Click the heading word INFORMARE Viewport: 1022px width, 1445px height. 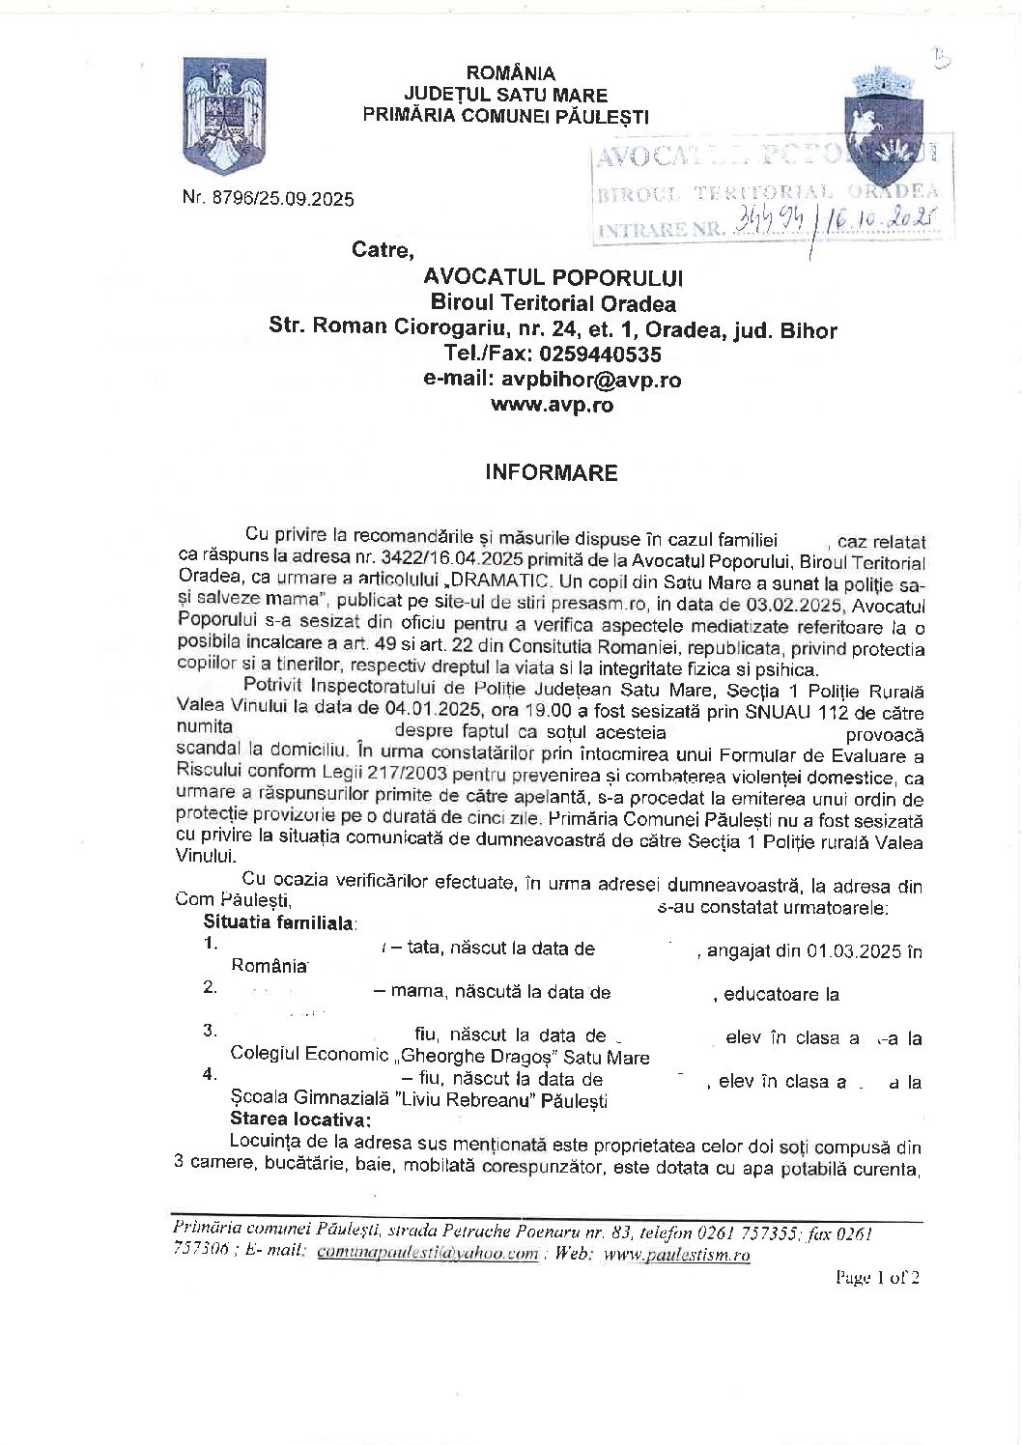(551, 473)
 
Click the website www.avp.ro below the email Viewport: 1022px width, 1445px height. (552, 405)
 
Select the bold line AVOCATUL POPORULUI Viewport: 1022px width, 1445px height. (553, 278)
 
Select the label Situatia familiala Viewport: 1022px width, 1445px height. (279, 922)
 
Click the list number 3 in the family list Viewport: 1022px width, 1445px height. (209, 1030)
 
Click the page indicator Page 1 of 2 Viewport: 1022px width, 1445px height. (877, 1277)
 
